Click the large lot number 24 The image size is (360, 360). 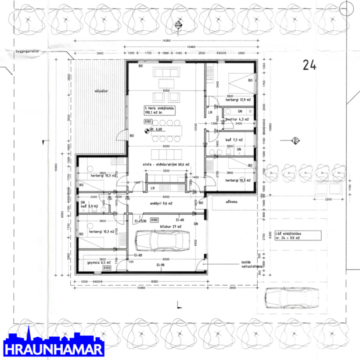click(308, 65)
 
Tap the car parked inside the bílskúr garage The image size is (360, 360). click(162, 239)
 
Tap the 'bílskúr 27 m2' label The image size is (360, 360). click(170, 226)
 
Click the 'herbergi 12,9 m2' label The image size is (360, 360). click(237, 100)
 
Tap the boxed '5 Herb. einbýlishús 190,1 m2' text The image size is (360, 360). click(159, 110)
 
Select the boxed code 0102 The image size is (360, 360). click(154, 220)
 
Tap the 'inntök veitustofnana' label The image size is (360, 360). click(249, 265)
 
